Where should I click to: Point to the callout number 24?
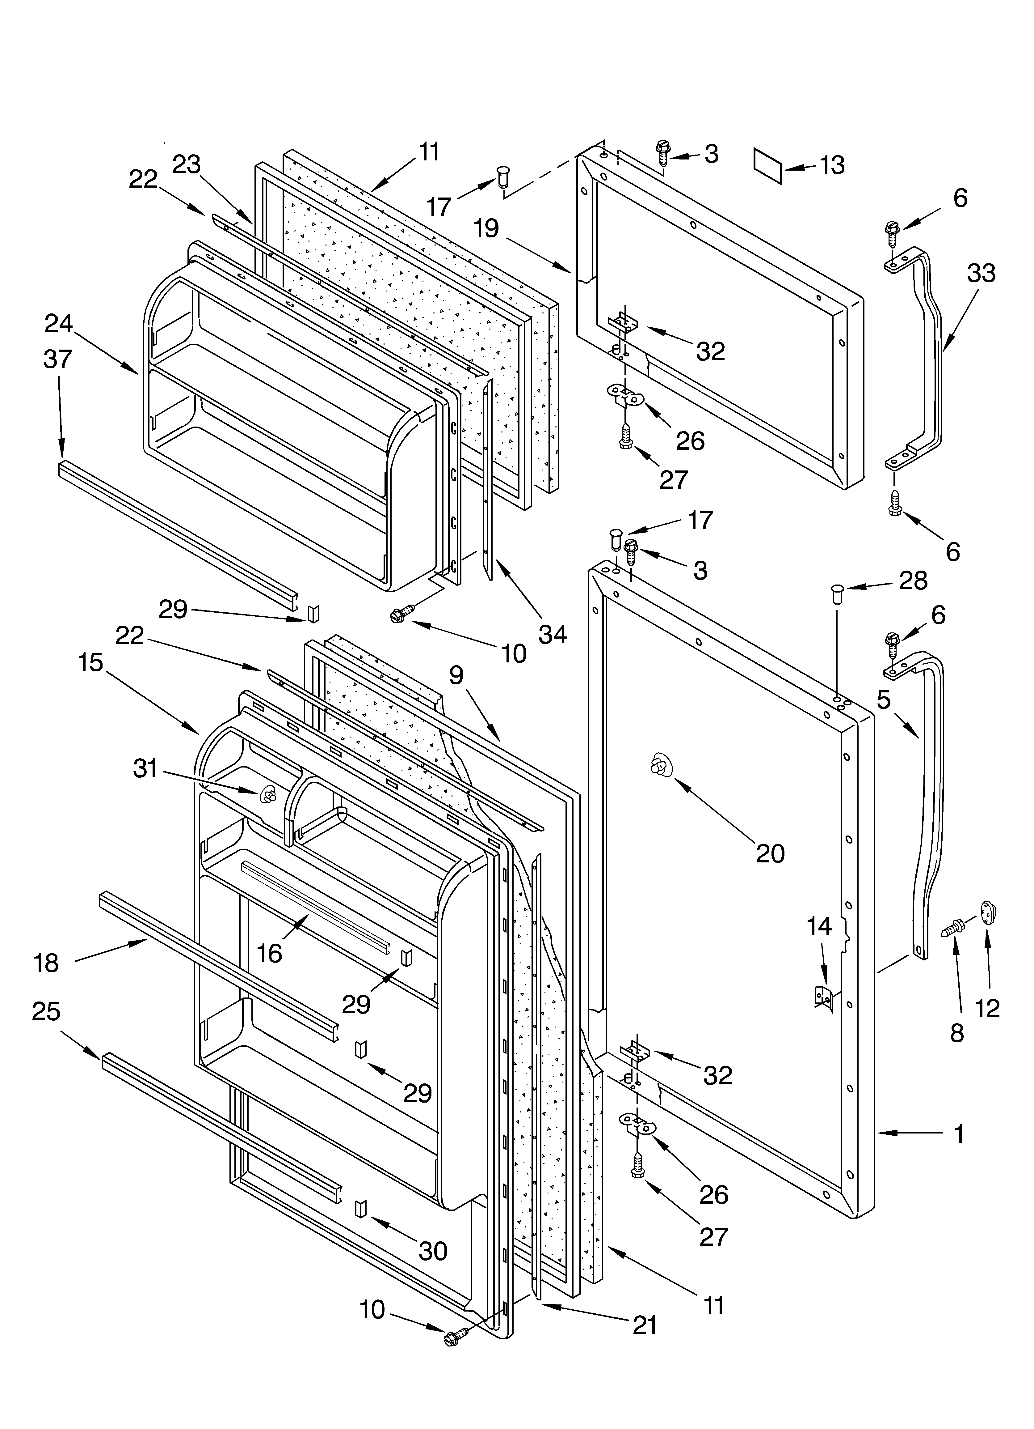click(x=59, y=324)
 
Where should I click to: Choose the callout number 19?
click(x=486, y=228)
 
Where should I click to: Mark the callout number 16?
click(x=270, y=953)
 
